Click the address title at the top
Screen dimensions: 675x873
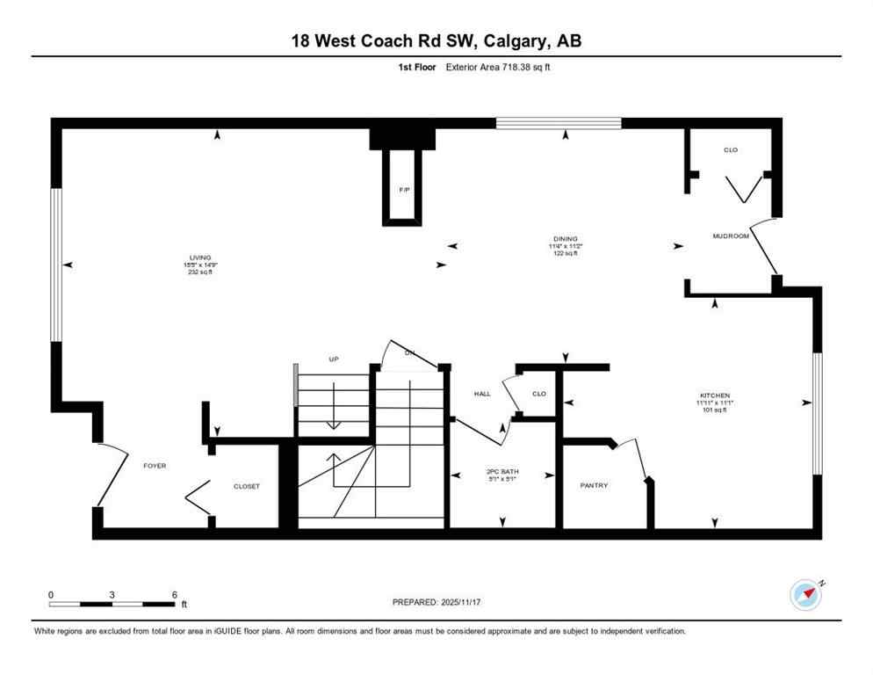pyautogui.click(x=436, y=40)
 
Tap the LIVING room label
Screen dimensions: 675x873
pyautogui.click(x=201, y=258)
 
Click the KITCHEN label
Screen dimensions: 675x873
pyautogui.click(x=716, y=396)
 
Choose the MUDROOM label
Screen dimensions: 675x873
pyautogui.click(x=730, y=236)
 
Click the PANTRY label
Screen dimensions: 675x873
pyautogui.click(x=594, y=485)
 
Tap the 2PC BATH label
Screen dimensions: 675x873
pyautogui.click(x=503, y=472)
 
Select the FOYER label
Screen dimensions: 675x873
pyautogui.click(x=155, y=466)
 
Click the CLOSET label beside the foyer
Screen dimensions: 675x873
pyautogui.click(x=246, y=486)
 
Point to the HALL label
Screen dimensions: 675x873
pyautogui.click(x=481, y=394)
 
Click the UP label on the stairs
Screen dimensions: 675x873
pyautogui.click(x=334, y=359)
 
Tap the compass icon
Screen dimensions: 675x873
pyautogui.click(x=805, y=595)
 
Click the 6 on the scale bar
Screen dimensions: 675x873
pyautogui.click(x=174, y=594)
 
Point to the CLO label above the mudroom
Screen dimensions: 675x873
pyautogui.click(x=730, y=150)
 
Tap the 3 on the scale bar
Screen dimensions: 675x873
pyautogui.click(x=112, y=594)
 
